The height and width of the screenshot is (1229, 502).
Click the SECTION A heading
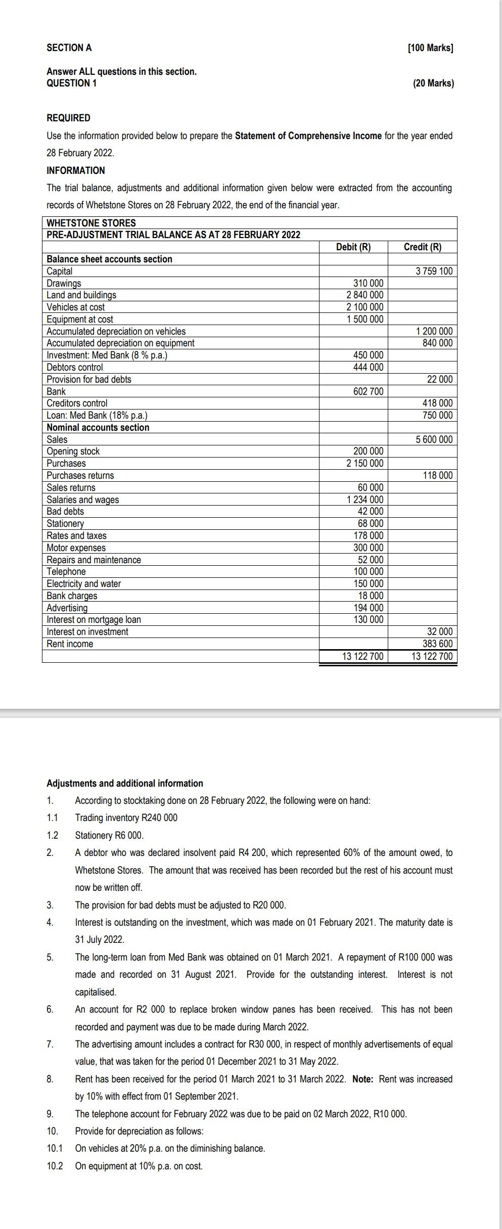[69, 48]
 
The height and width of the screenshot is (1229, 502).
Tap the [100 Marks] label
[430, 48]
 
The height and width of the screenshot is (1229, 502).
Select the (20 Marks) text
[433, 83]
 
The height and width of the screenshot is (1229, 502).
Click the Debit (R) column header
[353, 247]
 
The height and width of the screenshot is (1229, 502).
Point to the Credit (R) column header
[422, 247]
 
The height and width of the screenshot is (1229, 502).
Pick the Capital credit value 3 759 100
[434, 271]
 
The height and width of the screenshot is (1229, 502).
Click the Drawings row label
[64, 283]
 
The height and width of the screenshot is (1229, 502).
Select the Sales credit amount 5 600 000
[434, 440]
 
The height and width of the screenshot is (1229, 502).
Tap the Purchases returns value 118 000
[437, 476]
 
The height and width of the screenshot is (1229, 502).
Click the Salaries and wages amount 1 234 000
[364, 500]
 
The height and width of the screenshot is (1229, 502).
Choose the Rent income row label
[70, 644]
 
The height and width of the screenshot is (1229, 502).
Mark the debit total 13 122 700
[362, 657]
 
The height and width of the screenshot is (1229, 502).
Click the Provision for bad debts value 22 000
[440, 380]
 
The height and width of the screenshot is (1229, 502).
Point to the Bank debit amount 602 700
[368, 392]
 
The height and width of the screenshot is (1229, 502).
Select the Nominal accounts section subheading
[98, 428]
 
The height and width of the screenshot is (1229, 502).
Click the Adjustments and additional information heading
[124, 783]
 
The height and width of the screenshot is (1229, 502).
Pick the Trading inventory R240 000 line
[126, 817]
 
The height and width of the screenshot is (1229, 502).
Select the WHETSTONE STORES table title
[91, 223]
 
